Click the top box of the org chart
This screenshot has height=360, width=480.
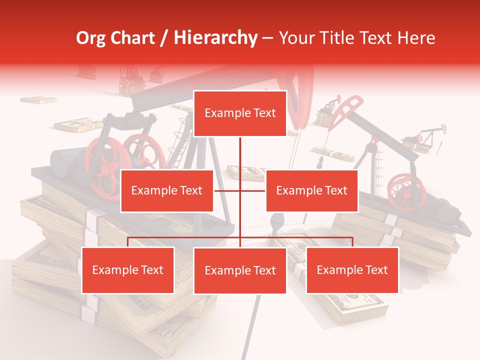tap(240, 113)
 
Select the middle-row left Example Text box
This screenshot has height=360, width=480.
tap(167, 190)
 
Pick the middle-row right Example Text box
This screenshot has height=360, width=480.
tap(311, 190)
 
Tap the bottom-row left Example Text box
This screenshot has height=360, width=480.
tap(128, 270)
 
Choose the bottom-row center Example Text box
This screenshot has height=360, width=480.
tap(240, 270)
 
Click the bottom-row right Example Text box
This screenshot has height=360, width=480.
tap(352, 270)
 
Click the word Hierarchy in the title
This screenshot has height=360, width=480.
tap(215, 37)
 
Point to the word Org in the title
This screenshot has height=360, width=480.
tap(90, 37)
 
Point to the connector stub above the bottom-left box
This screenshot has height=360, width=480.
tap(128, 242)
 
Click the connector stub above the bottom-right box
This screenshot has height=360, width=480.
tap(352, 242)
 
